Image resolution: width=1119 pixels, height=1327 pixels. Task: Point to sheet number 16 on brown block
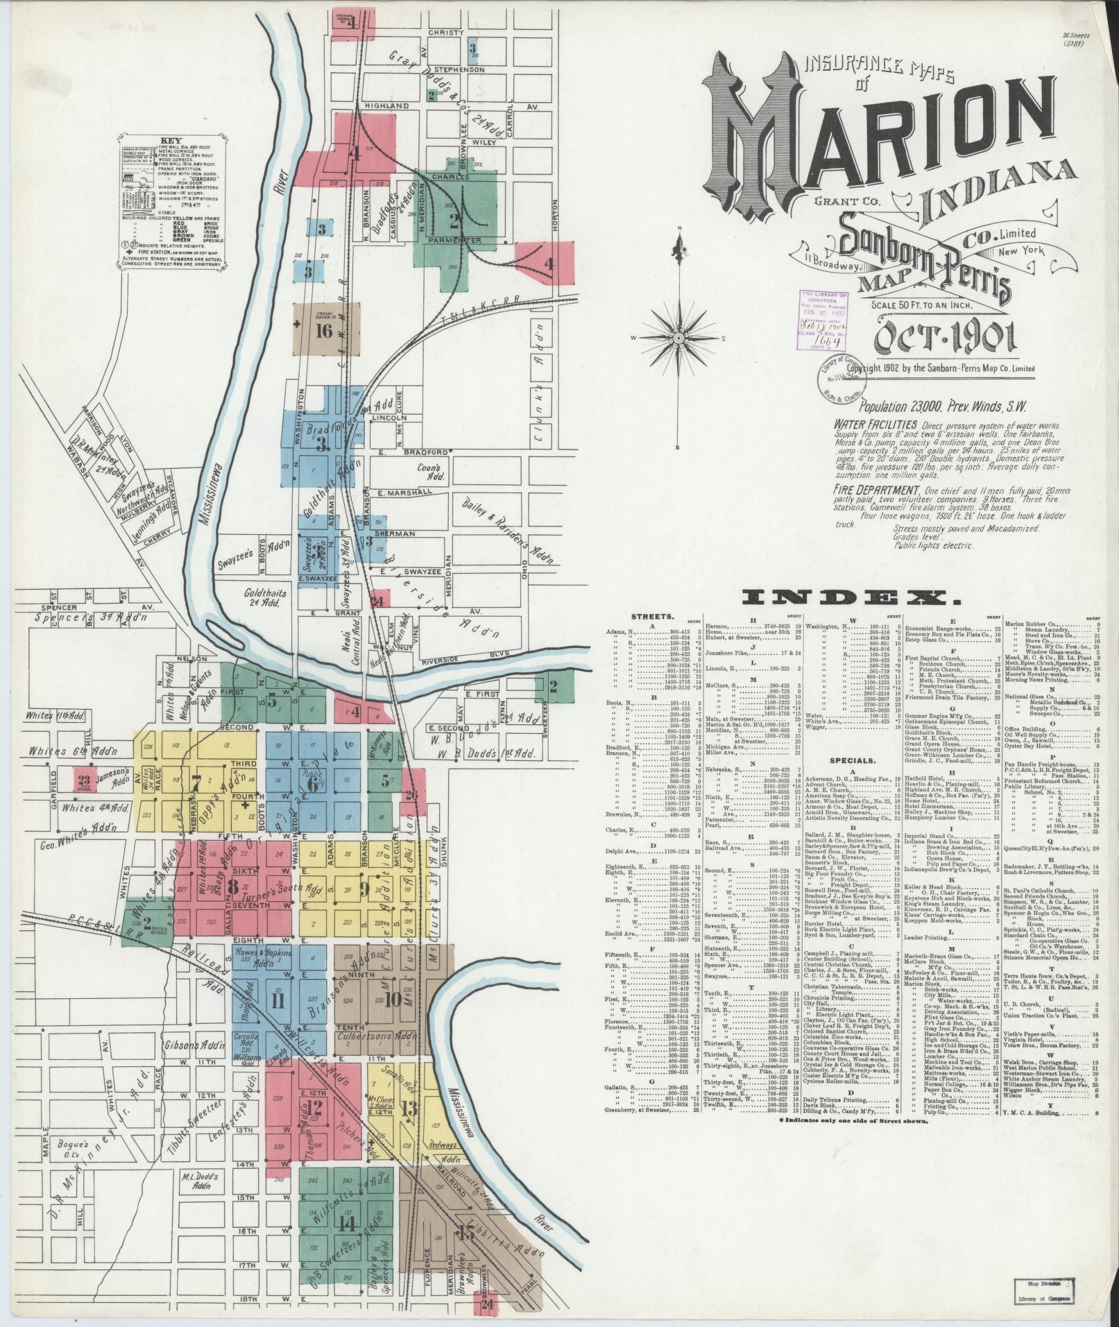324,330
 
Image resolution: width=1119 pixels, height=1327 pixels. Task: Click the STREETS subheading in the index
651,615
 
